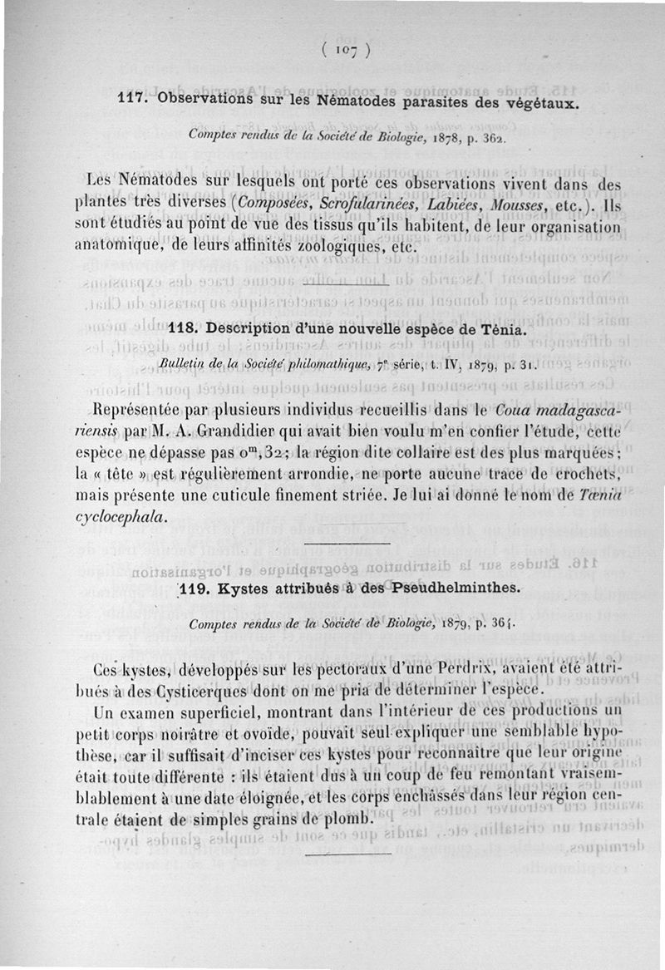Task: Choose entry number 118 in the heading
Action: click(x=180, y=329)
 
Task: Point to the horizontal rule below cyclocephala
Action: click(x=347, y=544)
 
